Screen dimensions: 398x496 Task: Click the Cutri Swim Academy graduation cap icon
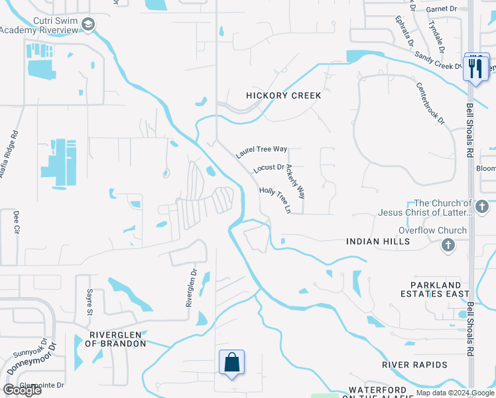point(88,25)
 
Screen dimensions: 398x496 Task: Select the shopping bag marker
point(231,363)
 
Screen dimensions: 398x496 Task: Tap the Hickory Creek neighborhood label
point(283,96)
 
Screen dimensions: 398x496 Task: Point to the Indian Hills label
point(378,242)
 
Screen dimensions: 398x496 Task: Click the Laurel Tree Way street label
point(262,153)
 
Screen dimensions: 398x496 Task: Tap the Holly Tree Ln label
point(275,200)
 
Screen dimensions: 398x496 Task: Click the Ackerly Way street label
point(296,183)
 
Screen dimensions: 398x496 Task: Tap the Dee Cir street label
point(16,223)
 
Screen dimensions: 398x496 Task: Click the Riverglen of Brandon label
point(111,339)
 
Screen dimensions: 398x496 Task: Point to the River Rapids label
point(414,365)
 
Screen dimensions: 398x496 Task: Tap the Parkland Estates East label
point(434,289)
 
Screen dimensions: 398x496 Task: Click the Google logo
point(23,389)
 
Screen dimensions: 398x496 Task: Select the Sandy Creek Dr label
point(438,62)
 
